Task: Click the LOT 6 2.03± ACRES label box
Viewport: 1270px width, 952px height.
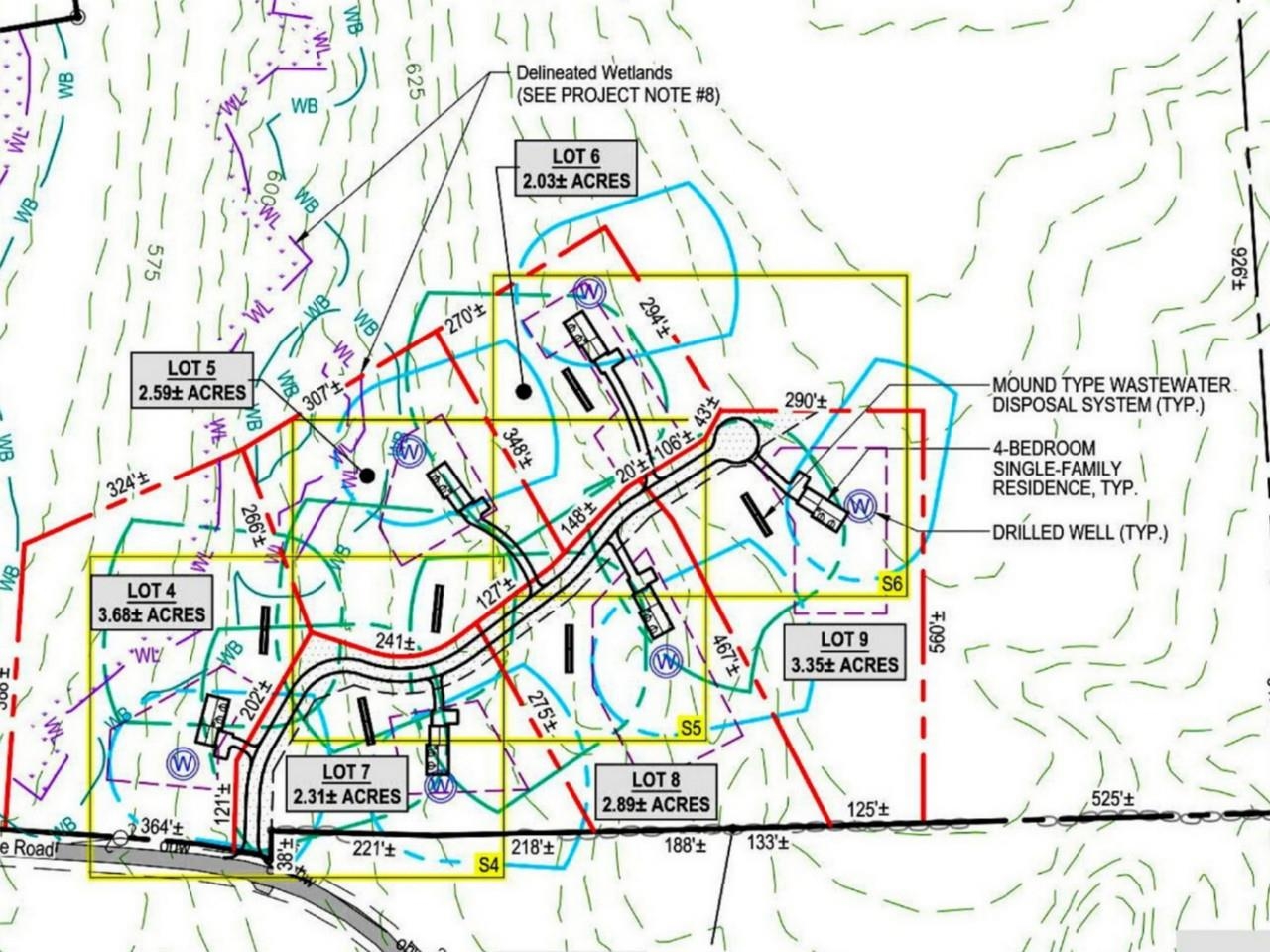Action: pyautogui.click(x=576, y=167)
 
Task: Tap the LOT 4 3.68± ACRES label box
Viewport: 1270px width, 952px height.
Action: pyautogui.click(x=152, y=604)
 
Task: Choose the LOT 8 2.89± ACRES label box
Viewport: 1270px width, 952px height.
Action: pyautogui.click(x=655, y=792)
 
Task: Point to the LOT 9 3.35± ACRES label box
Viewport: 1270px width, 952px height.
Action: pyautogui.click(x=844, y=652)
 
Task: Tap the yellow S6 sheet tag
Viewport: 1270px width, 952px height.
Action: pyautogui.click(x=892, y=585)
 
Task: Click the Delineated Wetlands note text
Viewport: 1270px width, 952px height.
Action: pyautogui.click(x=616, y=84)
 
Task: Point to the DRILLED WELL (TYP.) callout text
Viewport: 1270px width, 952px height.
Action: pyautogui.click(x=1079, y=533)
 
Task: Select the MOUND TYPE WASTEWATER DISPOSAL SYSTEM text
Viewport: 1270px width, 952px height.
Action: pyautogui.click(x=1111, y=395)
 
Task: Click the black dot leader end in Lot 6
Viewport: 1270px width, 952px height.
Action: pyautogui.click(x=523, y=392)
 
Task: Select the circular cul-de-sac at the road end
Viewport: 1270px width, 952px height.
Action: pyautogui.click(x=735, y=438)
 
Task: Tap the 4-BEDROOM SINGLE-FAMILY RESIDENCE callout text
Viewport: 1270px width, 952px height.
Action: pyautogui.click(x=1064, y=469)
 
